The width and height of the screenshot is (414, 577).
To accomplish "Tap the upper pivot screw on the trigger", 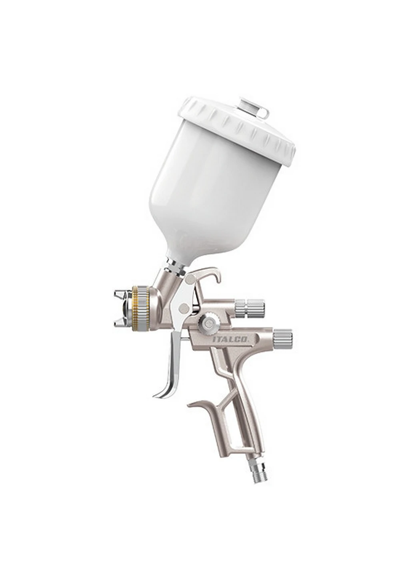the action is point(191,278).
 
